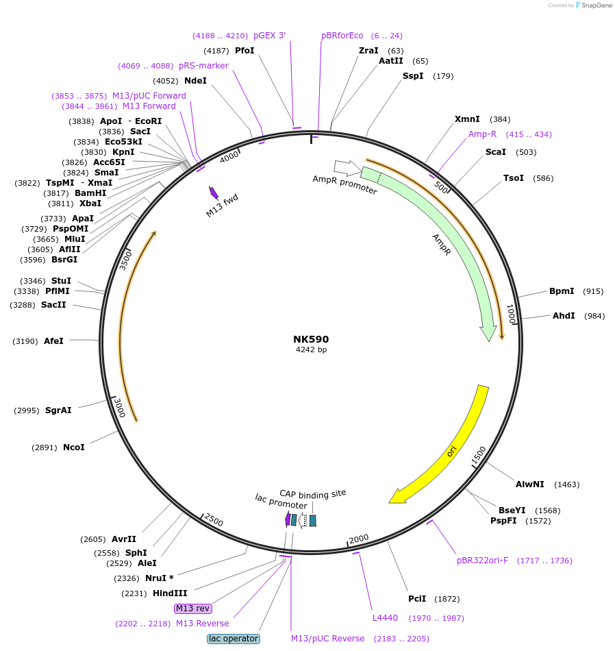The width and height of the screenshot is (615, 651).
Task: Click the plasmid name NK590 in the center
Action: [311, 339]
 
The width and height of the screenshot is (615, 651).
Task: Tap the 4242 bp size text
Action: [311, 350]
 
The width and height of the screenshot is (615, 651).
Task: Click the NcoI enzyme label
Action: [74, 447]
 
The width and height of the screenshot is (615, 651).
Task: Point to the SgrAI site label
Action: [58, 410]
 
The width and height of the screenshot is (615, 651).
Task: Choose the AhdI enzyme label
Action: [564, 316]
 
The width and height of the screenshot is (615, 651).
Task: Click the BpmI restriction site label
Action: [562, 291]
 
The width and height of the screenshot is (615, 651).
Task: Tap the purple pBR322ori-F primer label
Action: [482, 561]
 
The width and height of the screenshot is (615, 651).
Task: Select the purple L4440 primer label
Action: [385, 618]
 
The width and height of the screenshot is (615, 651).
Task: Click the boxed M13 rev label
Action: [193, 609]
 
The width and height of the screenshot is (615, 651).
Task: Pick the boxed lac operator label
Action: [234, 639]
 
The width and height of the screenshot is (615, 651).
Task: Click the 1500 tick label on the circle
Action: [479, 454]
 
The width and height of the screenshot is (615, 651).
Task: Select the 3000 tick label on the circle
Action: [119, 408]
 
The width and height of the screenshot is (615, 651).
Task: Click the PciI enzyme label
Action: [417, 599]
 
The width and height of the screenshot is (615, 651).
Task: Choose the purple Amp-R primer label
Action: [482, 134]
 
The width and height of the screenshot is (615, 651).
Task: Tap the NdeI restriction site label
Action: [195, 81]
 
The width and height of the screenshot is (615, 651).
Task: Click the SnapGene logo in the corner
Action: [593, 5]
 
